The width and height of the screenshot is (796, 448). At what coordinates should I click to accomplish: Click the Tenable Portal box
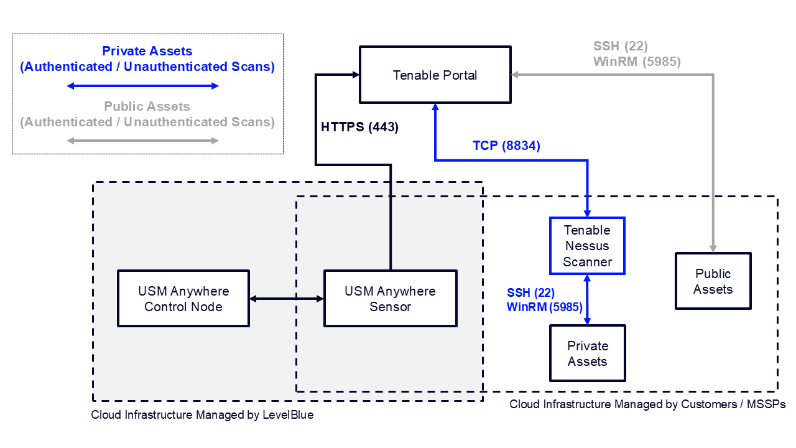click(435, 75)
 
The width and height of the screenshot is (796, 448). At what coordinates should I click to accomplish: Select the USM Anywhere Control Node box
click(183, 299)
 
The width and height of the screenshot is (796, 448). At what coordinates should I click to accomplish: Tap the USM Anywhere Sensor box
click(391, 299)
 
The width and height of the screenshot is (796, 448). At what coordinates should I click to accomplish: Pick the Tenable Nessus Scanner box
click(587, 246)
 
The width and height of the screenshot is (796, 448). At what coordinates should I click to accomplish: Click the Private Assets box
click(587, 353)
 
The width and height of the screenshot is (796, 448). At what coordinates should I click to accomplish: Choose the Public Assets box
click(713, 281)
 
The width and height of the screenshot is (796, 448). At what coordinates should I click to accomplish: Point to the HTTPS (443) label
click(359, 128)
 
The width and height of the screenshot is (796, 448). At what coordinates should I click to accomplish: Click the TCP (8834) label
click(506, 146)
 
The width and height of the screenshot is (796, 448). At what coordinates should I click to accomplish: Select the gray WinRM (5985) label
click(637, 62)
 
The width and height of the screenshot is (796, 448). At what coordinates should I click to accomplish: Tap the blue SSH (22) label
click(530, 292)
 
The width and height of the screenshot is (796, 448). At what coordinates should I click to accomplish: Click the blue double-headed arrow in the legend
click(143, 85)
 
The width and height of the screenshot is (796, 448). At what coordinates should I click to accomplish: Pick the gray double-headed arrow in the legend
click(143, 141)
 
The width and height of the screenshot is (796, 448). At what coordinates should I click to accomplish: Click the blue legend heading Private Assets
click(147, 52)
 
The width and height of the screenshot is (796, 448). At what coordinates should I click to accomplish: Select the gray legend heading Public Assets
click(147, 107)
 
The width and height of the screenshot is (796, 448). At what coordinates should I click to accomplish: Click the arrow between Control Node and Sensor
click(287, 299)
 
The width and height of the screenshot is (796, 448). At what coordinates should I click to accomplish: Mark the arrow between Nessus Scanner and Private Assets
click(587, 299)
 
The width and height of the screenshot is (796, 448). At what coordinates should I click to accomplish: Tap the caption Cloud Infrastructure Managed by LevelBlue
click(202, 415)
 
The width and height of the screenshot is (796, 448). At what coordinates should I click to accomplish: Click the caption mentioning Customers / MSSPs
click(647, 404)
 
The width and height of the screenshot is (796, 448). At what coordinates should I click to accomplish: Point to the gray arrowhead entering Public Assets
click(713, 248)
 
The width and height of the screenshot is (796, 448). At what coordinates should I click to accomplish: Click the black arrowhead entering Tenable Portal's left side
click(356, 75)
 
